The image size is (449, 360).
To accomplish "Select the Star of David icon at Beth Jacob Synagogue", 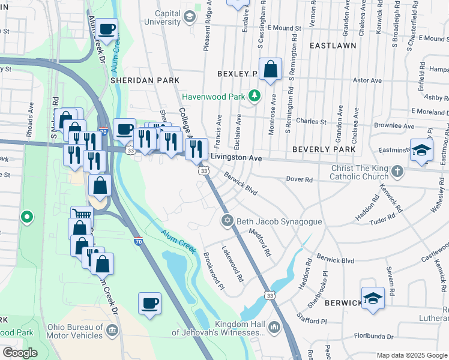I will [227, 221].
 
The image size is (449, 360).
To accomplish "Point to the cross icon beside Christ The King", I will [396, 172].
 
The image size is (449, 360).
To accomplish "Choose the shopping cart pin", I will [82, 215].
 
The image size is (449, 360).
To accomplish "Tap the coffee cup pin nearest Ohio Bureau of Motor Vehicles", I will [149, 303].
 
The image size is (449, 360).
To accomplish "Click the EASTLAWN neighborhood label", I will [333, 45].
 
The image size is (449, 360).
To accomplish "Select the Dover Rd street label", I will [300, 179].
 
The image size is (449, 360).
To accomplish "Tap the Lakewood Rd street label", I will [233, 265].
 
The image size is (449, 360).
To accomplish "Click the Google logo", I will [20, 353].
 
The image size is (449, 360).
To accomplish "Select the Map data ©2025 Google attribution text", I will [411, 355].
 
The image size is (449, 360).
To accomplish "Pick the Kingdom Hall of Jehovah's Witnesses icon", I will [274, 327].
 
